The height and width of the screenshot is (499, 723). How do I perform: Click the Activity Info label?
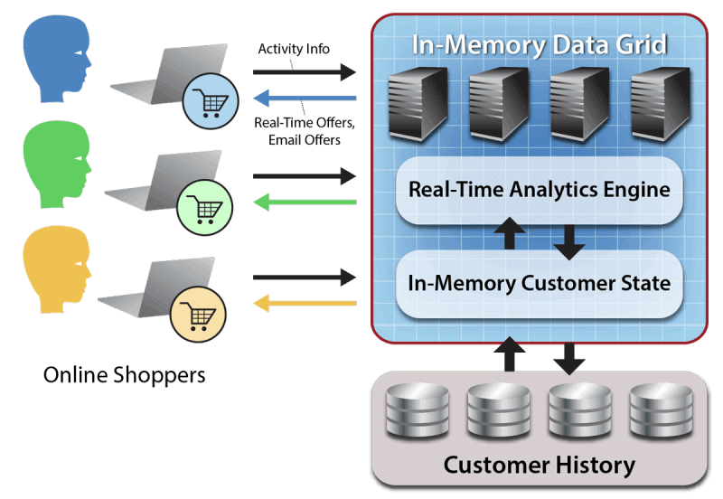coord(294,49)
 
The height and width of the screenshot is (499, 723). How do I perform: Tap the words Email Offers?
coord(305,140)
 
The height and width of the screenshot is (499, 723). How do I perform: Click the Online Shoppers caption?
coord(124,374)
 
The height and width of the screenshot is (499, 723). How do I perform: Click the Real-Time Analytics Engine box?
coord(540,190)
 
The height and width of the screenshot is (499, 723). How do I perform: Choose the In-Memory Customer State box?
coord(540,283)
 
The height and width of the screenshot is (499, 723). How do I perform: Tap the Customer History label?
coord(540,466)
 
